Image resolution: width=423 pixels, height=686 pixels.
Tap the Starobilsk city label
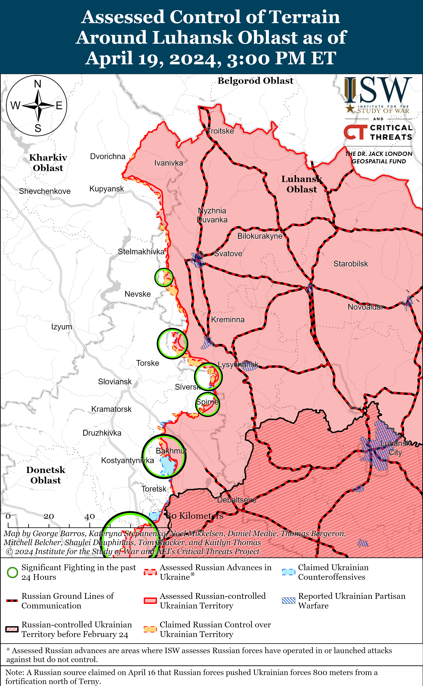[x=351, y=264]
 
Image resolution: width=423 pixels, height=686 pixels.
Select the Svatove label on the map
[x=228, y=254]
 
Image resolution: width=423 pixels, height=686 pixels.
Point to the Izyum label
[x=62, y=327]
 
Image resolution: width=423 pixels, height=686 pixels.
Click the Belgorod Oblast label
[x=255, y=81]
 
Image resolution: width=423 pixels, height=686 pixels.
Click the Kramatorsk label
[x=111, y=409]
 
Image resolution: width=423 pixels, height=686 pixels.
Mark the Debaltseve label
[x=237, y=500]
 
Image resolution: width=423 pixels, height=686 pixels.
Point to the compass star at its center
[x=38, y=106]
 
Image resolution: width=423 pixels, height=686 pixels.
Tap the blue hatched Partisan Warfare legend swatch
[x=288, y=601]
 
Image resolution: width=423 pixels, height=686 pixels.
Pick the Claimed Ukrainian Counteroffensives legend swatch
[x=288, y=572]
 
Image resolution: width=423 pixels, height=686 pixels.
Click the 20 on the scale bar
[x=49, y=516]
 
